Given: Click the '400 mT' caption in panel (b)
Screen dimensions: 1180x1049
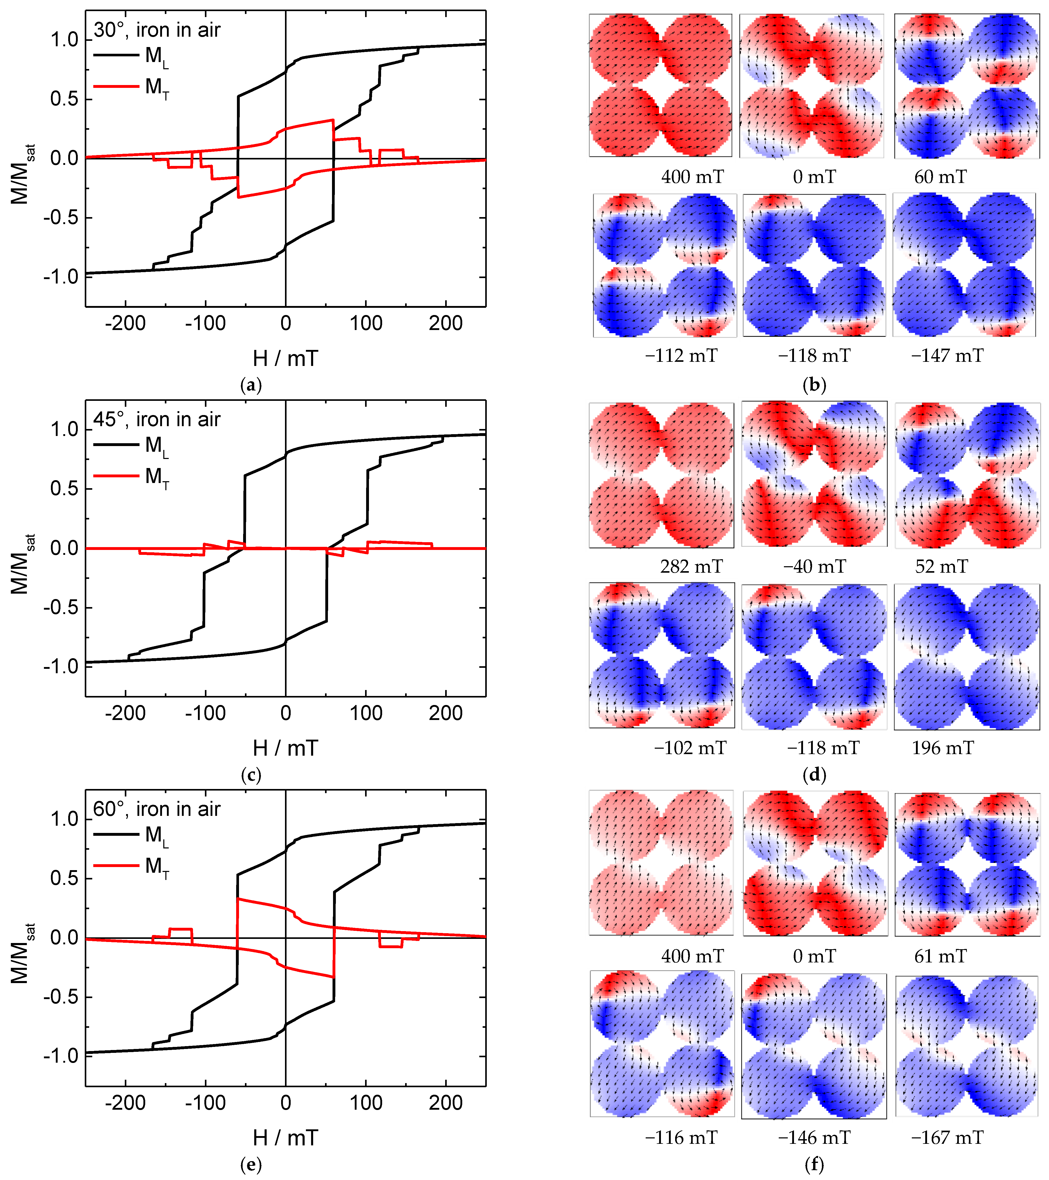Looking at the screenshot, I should pyautogui.click(x=692, y=177).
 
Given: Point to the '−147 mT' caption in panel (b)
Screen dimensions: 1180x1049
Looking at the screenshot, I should pyautogui.click(x=947, y=356).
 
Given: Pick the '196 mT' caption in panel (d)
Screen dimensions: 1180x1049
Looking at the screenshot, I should pyautogui.click(x=943, y=748).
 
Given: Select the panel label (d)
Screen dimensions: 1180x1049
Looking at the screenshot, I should pyautogui.click(x=814, y=774).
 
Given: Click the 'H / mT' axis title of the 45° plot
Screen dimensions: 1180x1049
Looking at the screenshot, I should pyautogui.click(x=285, y=748).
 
